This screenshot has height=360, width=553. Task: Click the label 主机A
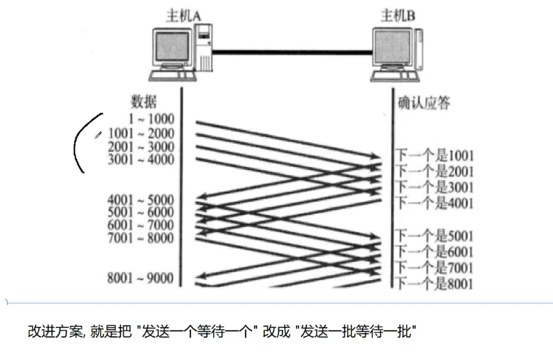pos(183,16)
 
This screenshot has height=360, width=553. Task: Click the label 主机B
pos(397,16)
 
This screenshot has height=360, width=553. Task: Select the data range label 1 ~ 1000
pos(151,119)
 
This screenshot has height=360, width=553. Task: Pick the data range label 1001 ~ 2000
pos(141,134)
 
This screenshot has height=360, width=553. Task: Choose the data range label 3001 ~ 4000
pos(141,160)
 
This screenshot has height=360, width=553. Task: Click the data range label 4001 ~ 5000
pos(141,200)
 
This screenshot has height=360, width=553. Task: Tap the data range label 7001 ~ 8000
pos(141,238)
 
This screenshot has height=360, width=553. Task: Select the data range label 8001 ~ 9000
pos(141,278)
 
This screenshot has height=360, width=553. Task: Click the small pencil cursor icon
pos(98,135)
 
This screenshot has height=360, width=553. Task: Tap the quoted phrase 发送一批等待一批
pos(357,331)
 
